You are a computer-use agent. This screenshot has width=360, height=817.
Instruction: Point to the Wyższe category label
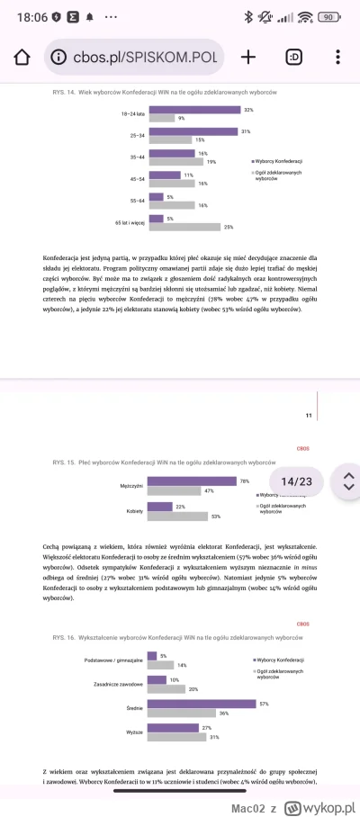pyautogui.click(x=135, y=732)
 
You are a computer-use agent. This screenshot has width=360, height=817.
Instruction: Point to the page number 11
pyautogui.click(x=309, y=415)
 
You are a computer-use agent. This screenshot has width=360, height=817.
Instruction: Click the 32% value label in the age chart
pyautogui.click(x=247, y=110)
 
